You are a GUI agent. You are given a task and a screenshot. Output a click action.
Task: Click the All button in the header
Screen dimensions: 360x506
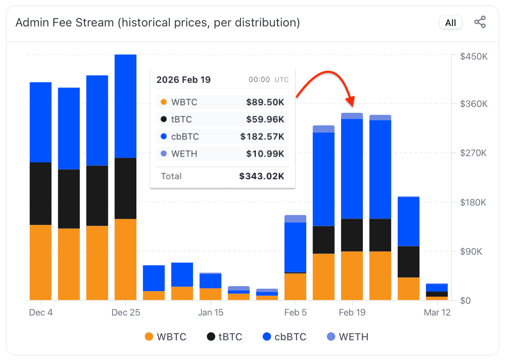click(x=451, y=23)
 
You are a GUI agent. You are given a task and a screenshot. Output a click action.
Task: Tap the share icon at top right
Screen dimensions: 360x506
click(x=480, y=22)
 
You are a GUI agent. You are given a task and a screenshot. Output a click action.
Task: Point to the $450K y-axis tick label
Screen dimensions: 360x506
click(x=473, y=56)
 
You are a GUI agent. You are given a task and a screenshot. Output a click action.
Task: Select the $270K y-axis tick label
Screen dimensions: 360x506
click(x=473, y=153)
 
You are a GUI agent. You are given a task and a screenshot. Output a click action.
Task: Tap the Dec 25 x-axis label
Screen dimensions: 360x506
click(x=126, y=313)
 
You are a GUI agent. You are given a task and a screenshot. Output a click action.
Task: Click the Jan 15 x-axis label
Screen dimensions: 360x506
click(x=211, y=313)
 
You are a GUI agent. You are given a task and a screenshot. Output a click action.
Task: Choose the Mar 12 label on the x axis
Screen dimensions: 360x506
click(x=437, y=313)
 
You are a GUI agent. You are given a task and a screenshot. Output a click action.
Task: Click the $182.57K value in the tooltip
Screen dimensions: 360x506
click(x=262, y=136)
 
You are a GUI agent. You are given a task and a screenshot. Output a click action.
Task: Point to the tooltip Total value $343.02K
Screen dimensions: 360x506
click(x=261, y=176)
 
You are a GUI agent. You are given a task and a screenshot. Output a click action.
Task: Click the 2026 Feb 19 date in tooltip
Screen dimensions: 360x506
click(x=183, y=80)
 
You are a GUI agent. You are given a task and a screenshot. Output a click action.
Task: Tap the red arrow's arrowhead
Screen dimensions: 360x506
click(x=350, y=102)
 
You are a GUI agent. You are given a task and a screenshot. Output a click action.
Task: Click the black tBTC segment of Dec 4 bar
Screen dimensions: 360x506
click(x=41, y=193)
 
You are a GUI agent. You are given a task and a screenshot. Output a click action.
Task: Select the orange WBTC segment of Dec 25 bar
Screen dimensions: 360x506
click(x=125, y=259)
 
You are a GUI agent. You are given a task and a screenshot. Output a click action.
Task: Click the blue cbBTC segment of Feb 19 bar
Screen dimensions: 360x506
click(x=352, y=169)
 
